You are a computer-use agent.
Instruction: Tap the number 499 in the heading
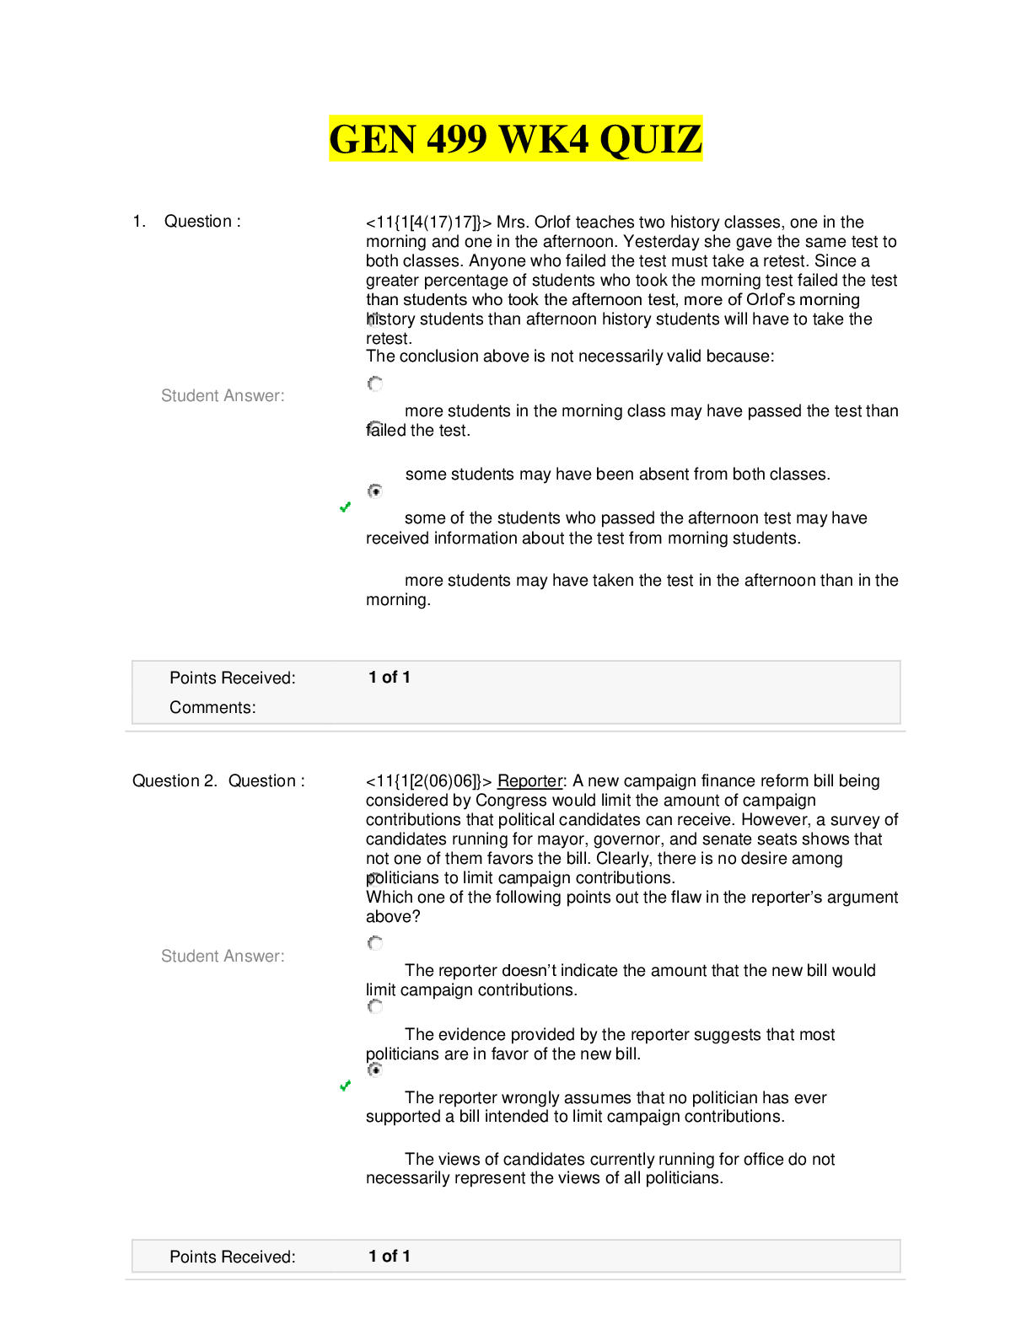[456, 139]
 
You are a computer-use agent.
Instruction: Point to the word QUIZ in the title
[650, 139]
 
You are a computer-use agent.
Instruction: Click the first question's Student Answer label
[223, 395]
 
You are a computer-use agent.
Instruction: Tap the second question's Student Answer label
[223, 956]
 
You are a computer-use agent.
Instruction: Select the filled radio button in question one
[375, 491]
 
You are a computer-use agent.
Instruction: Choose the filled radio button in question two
[375, 1070]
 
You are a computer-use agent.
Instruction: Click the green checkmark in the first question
[345, 507]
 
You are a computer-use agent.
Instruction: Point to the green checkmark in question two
[345, 1086]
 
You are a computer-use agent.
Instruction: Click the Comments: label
[212, 707]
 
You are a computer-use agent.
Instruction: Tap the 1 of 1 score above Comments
[390, 678]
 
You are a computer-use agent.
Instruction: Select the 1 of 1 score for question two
[390, 1257]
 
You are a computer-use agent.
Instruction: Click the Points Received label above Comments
[232, 678]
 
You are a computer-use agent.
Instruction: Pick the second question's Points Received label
[232, 1257]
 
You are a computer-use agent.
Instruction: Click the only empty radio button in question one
[375, 383]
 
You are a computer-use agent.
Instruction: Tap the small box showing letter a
[375, 429]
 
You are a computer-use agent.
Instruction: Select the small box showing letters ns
[375, 319]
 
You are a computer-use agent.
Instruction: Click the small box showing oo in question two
[375, 879]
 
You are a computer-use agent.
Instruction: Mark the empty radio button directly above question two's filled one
[375, 1006]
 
